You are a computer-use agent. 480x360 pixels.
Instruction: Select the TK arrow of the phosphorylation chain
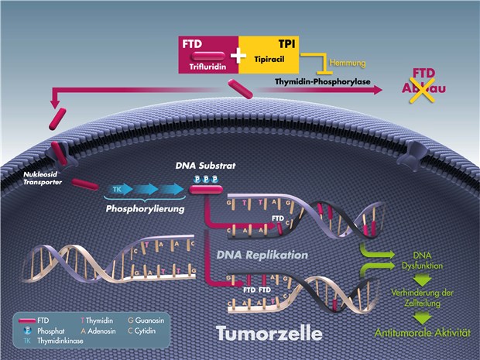point(118,189)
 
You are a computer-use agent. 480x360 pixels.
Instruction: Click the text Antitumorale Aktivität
point(423,332)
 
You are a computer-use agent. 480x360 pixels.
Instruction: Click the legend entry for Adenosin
point(108,329)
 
